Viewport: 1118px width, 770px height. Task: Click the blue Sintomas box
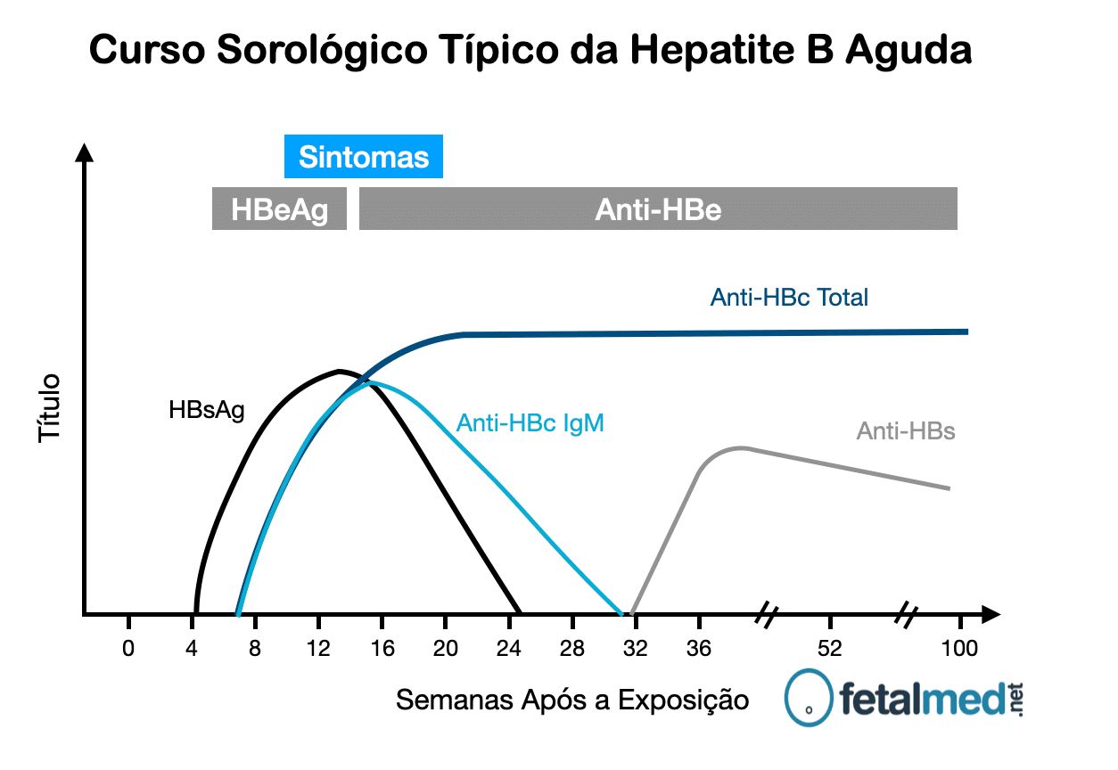[363, 157]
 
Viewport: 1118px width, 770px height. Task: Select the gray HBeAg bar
[279, 209]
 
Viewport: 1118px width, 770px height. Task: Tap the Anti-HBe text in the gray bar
[658, 209]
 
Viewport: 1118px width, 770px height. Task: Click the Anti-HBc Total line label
[789, 297]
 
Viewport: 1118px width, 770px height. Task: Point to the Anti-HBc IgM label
[530, 422]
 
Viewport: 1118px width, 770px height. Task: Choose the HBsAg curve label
[207, 410]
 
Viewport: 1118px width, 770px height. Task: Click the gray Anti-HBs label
[906, 431]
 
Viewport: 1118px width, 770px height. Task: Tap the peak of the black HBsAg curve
[339, 370]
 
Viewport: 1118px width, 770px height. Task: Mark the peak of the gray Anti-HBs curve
[742, 447]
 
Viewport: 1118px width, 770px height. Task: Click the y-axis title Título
[50, 407]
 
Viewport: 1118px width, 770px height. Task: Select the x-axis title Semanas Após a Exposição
[572, 700]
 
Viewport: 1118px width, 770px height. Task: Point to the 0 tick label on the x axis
[128, 648]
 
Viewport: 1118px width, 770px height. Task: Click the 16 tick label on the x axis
[382, 648]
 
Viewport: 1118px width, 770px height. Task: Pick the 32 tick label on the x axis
[636, 648]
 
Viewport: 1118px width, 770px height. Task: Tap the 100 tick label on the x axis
[959, 648]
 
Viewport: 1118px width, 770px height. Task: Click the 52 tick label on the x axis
[830, 648]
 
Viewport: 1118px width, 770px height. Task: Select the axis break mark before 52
[768, 613]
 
